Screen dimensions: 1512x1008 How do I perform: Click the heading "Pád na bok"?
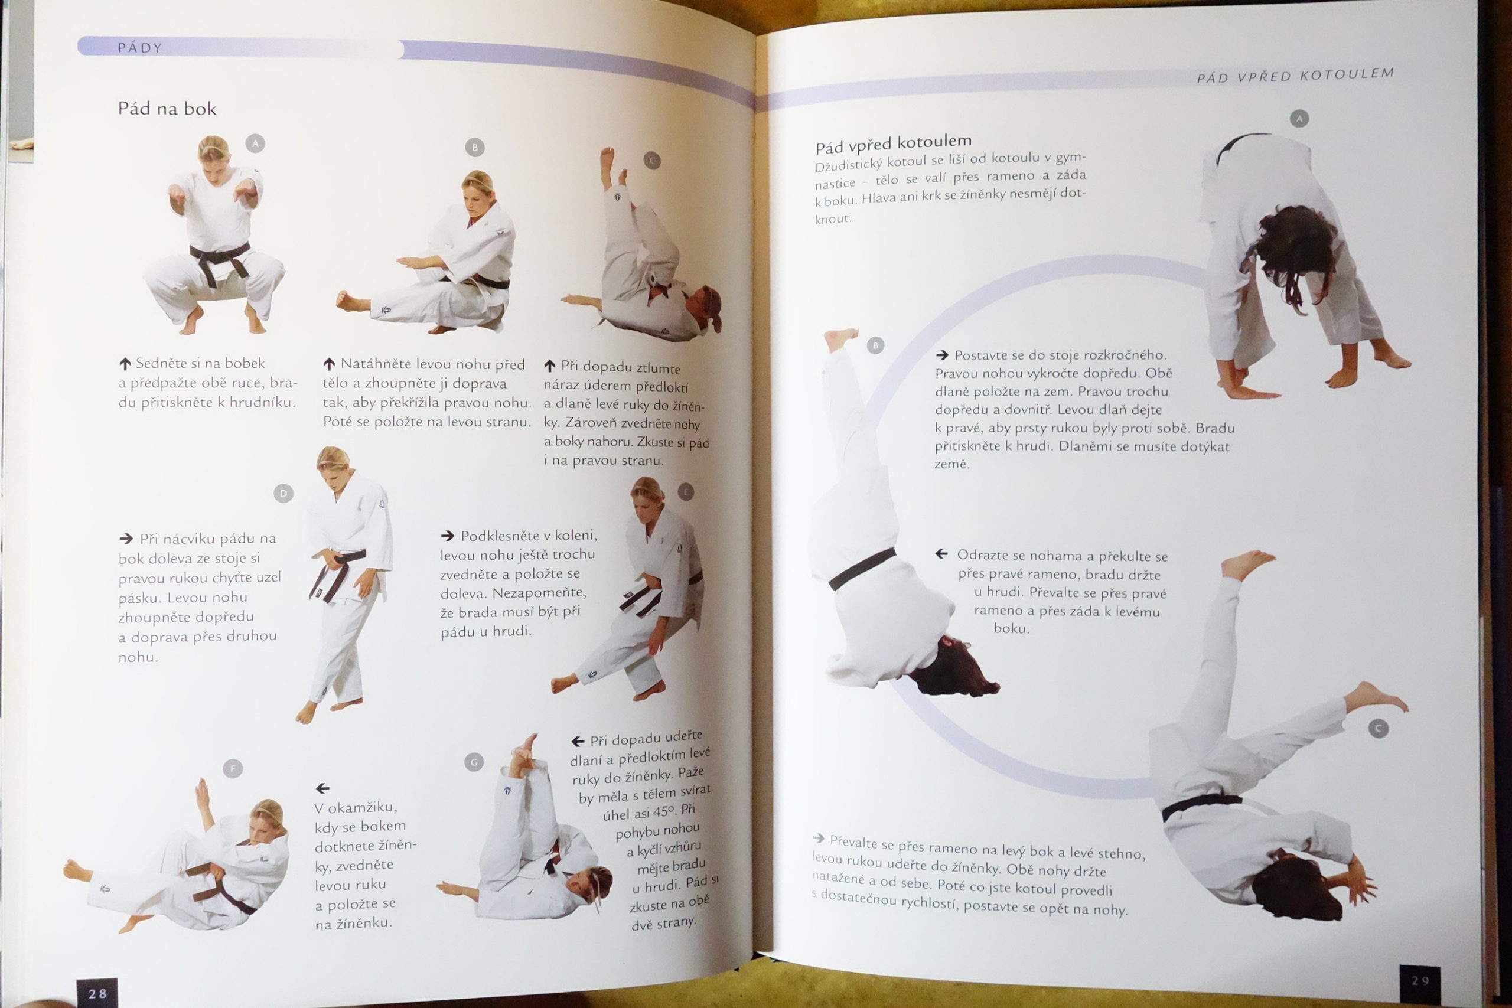click(167, 109)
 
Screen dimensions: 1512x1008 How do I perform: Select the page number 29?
click(1420, 981)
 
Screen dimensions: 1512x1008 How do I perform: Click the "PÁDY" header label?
click(139, 48)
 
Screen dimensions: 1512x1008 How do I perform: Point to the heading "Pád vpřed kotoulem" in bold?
click(893, 144)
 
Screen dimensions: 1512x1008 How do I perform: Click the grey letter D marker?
click(283, 494)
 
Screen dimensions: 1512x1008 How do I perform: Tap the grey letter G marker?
click(474, 762)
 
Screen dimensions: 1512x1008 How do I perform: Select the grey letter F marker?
click(233, 768)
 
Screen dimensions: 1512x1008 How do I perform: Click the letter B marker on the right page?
click(875, 346)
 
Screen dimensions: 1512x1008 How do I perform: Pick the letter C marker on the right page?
click(1379, 728)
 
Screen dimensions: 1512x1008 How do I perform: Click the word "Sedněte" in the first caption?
click(161, 363)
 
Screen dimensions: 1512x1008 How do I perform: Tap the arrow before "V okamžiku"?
click(322, 788)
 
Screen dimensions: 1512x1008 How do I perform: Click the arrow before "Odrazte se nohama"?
click(942, 553)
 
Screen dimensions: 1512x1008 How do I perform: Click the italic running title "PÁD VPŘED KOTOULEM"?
click(1295, 75)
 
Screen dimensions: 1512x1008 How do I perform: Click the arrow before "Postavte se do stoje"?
click(943, 355)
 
